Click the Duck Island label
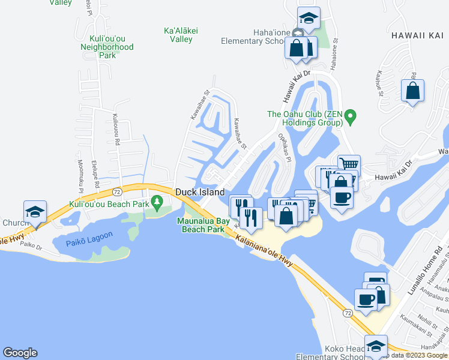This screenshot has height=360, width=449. (200, 192)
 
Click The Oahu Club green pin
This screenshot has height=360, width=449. (352, 115)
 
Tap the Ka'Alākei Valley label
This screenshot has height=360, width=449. (178, 35)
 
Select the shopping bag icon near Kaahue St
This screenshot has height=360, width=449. (412, 91)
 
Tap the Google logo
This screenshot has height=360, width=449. (20, 353)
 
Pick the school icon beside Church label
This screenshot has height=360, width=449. (35, 212)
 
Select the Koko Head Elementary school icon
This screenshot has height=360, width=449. (376, 347)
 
